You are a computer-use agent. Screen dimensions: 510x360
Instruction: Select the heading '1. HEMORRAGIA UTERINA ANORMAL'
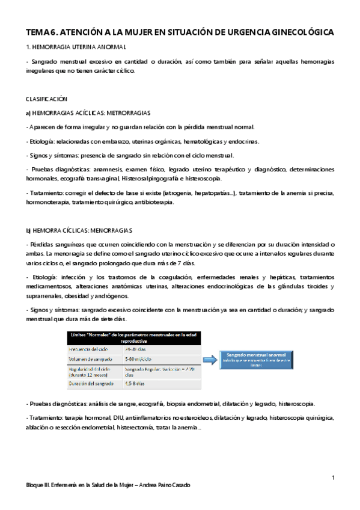76,48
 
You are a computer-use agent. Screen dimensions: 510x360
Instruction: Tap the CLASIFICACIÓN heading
46,98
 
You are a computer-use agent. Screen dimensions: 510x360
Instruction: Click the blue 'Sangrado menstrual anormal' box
256,359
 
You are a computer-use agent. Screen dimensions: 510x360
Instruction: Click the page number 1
332,478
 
